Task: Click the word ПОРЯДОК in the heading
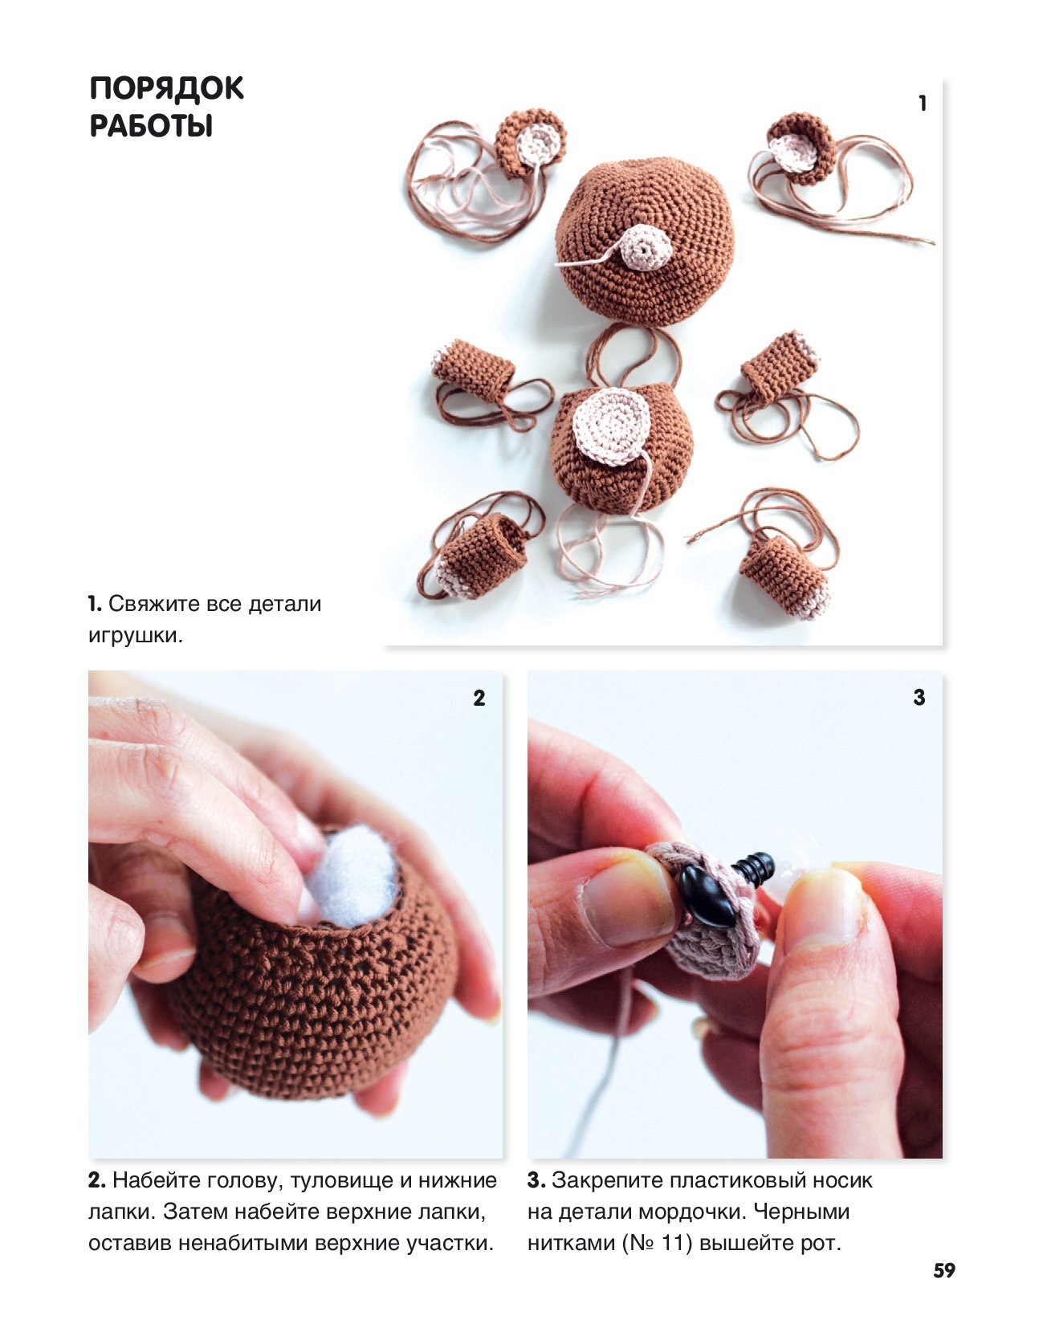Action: click(166, 88)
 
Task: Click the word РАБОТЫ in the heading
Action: click(151, 126)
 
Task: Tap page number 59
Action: click(944, 1270)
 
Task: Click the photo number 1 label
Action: click(923, 104)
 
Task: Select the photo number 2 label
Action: click(479, 698)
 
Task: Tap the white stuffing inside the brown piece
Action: click(352, 874)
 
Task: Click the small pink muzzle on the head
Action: click(646, 247)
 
